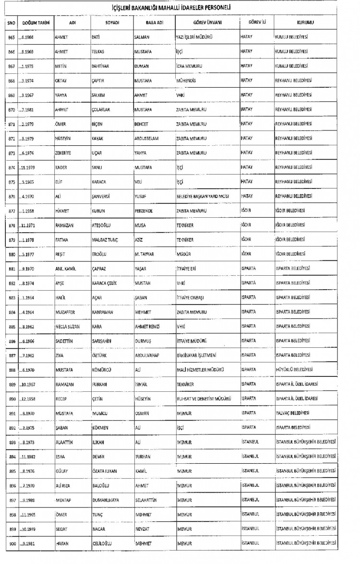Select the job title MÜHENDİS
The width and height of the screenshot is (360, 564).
[187, 81]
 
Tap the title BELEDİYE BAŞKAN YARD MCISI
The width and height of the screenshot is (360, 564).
[204, 197]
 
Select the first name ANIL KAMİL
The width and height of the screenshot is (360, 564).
[66, 269]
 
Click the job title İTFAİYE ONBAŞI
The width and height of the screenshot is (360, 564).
[194, 298]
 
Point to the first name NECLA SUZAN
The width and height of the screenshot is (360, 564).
[69, 327]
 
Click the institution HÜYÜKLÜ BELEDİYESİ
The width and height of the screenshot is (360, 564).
[294, 370]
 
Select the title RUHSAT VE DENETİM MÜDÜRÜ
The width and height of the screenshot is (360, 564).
[204, 399]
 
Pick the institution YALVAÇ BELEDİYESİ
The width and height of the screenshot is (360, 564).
[292, 413]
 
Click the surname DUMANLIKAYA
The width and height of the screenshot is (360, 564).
[109, 500]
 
